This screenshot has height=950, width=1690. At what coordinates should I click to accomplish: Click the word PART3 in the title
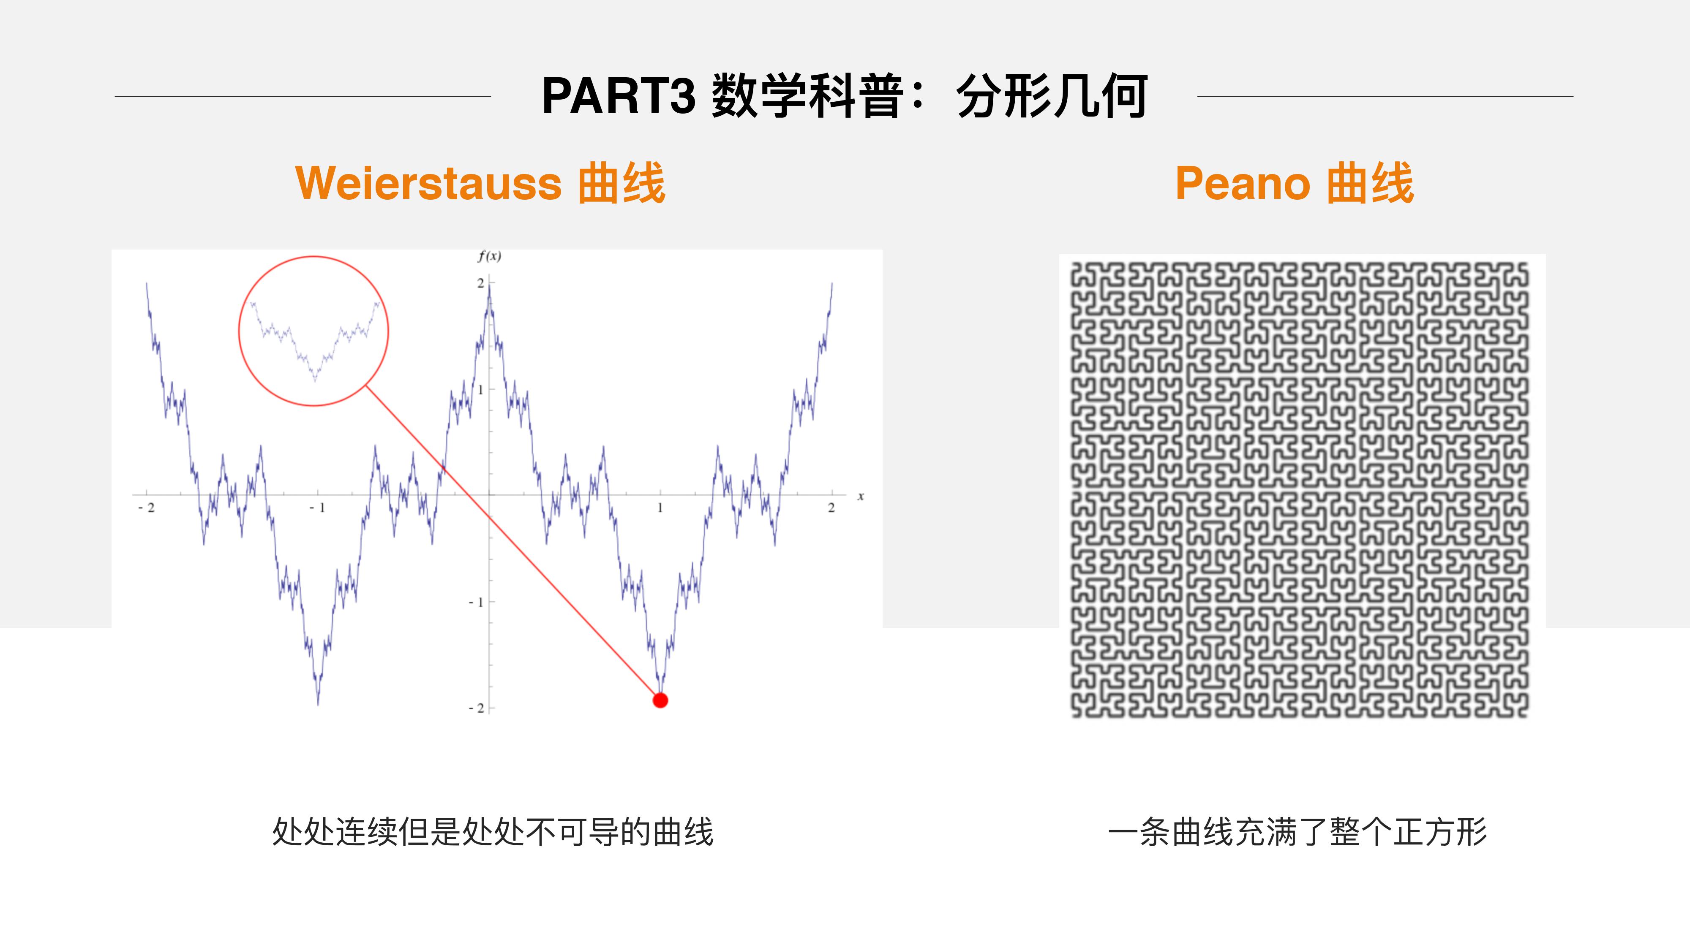[618, 96]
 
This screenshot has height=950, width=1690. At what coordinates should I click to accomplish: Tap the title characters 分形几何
[1052, 96]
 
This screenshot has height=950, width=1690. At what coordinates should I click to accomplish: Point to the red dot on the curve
[660, 700]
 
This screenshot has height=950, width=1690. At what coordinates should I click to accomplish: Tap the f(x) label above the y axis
[489, 256]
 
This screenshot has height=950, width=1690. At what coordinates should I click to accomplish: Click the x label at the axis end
[860, 496]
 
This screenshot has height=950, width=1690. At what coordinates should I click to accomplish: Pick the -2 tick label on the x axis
[147, 508]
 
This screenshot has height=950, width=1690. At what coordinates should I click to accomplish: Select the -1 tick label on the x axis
[318, 508]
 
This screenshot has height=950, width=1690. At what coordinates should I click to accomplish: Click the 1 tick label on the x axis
[660, 508]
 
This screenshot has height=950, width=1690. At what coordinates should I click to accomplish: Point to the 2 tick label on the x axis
[831, 508]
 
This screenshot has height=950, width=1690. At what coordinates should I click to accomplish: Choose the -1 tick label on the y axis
[476, 602]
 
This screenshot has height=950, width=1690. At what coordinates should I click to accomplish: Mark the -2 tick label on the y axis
[476, 708]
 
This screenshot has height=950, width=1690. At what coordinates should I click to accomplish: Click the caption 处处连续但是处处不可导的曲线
[493, 832]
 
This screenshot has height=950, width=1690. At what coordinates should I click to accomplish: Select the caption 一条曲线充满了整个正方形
[1297, 832]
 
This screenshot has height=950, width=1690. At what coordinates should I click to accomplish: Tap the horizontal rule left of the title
[303, 96]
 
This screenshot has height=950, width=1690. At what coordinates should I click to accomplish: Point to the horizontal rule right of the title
[1385, 96]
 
